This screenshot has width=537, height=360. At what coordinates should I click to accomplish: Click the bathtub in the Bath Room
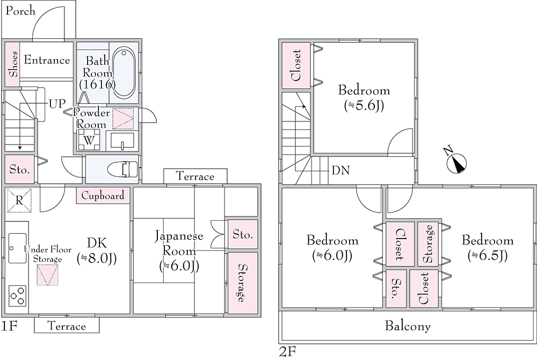[125, 73]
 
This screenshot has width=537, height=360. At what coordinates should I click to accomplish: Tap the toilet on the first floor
[123, 169]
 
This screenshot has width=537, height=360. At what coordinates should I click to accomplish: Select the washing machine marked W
[88, 140]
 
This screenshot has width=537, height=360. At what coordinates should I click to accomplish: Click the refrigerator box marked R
[19, 200]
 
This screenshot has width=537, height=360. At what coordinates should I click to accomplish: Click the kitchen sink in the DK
[18, 248]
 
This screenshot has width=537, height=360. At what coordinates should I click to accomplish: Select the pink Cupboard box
[104, 196]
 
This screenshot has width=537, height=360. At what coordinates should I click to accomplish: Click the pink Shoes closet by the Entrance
[13, 64]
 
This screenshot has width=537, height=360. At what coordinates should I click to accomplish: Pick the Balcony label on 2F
[408, 326]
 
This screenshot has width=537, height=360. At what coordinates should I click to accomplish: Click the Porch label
[20, 11]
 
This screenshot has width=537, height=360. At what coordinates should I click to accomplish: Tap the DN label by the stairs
[340, 171]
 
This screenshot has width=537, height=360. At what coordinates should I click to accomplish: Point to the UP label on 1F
[56, 103]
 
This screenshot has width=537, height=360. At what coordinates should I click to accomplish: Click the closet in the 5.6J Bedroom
[296, 66]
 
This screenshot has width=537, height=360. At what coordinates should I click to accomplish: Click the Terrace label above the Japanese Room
[195, 176]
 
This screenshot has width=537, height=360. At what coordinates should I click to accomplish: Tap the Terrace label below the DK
[67, 326]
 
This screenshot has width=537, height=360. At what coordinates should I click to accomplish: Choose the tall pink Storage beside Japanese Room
[242, 283]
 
